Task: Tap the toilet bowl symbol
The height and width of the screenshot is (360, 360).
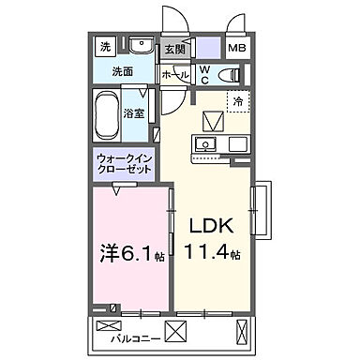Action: [x=230, y=74]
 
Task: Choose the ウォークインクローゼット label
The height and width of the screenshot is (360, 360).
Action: [x=120, y=165]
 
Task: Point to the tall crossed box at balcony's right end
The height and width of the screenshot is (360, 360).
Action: [x=247, y=330]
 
